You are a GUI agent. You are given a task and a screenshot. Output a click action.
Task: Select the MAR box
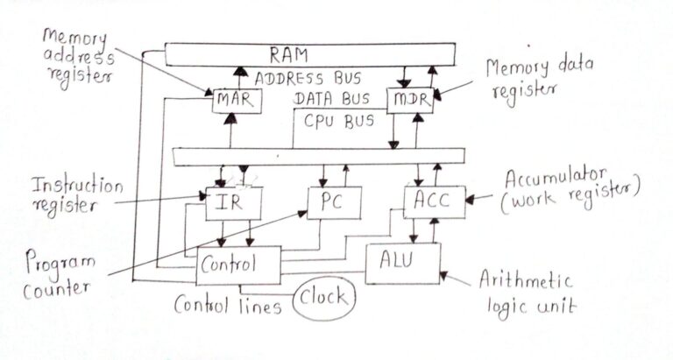tap(234, 100)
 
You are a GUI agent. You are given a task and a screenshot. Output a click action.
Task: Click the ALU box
tap(401, 262)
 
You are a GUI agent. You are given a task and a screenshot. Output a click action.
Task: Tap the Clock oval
tap(324, 300)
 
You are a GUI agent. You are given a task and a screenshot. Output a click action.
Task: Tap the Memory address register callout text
tap(75, 57)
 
